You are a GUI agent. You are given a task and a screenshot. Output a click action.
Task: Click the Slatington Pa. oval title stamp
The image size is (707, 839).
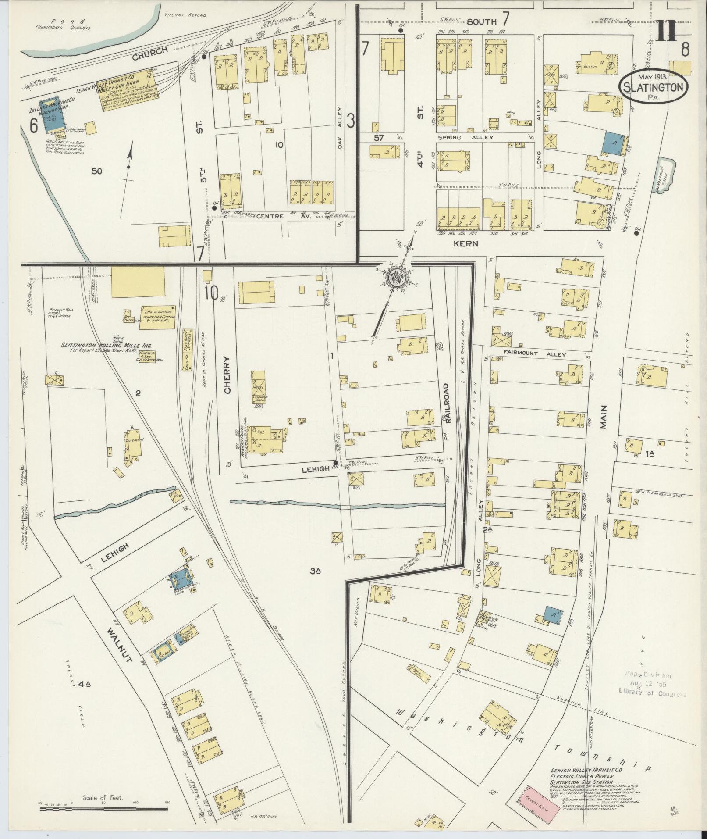653,87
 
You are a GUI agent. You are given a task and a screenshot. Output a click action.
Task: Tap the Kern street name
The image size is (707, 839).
465,243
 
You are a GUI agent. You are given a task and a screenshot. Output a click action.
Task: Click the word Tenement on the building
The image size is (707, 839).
133,440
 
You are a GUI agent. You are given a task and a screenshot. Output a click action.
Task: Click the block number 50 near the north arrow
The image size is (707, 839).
96,171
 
